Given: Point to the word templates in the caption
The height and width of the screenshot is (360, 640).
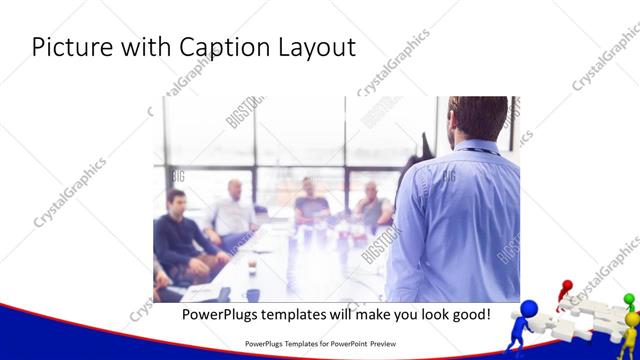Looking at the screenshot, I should (304, 315).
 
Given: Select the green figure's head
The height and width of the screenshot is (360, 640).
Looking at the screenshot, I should (629, 299).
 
